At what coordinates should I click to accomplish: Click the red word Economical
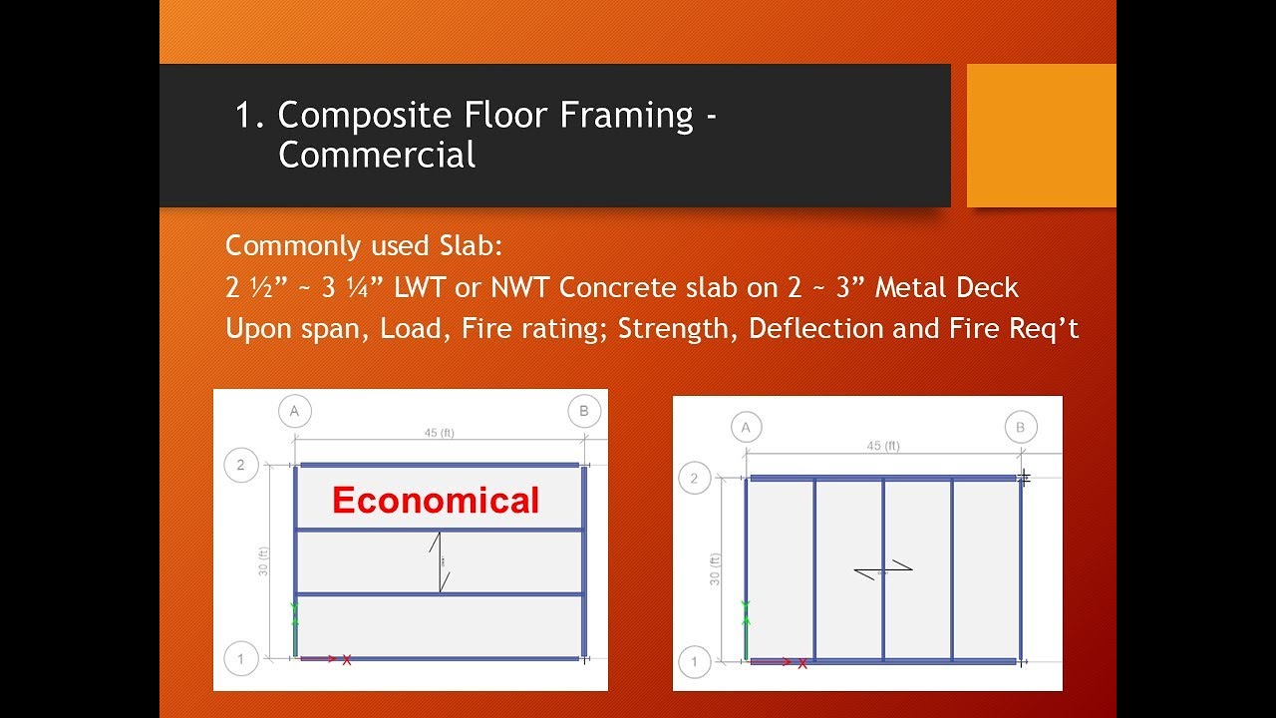pyautogui.click(x=436, y=500)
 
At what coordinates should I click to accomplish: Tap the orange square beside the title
pyautogui.click(x=1041, y=136)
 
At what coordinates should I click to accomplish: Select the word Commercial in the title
pyautogui.click(x=377, y=156)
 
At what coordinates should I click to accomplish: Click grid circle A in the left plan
pyautogui.click(x=294, y=411)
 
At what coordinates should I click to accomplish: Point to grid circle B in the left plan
pyautogui.click(x=583, y=411)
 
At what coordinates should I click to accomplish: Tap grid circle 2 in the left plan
pyautogui.click(x=240, y=465)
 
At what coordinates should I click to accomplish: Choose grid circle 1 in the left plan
pyautogui.click(x=240, y=658)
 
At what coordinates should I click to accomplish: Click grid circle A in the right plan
pyautogui.click(x=746, y=428)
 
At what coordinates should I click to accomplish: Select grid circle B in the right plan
pyautogui.click(x=1020, y=428)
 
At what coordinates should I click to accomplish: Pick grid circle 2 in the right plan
pyautogui.click(x=694, y=479)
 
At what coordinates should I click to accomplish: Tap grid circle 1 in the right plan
pyautogui.click(x=694, y=660)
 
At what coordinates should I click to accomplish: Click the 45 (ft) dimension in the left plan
pyautogui.click(x=440, y=433)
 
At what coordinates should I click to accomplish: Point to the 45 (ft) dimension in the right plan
pyautogui.click(x=882, y=446)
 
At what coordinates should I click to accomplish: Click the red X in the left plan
pyautogui.click(x=346, y=660)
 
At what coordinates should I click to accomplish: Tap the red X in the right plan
pyautogui.click(x=801, y=663)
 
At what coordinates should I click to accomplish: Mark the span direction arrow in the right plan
pyautogui.click(x=883, y=570)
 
